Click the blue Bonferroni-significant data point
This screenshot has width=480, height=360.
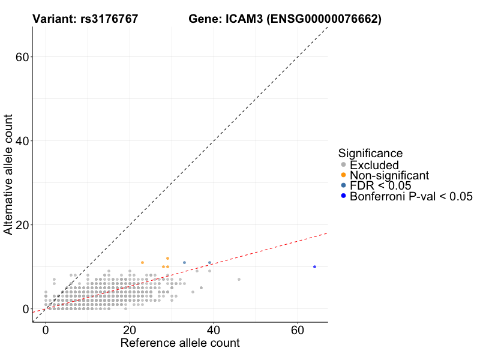point(314,266)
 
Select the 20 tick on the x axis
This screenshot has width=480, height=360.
point(130,331)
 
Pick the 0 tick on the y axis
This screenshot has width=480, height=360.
point(25,308)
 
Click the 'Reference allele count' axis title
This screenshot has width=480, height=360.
point(180,343)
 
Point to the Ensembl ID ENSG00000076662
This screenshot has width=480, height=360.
point(325,19)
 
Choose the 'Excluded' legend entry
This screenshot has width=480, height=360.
point(374,165)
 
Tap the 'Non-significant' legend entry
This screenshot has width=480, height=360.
point(389,175)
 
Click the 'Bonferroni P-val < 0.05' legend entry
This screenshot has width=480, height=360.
point(411,196)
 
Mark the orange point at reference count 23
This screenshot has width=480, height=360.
point(142,262)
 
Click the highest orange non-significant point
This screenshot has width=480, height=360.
point(167,258)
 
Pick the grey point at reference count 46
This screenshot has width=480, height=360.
point(239,279)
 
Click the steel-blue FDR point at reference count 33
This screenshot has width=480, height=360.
point(184,262)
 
